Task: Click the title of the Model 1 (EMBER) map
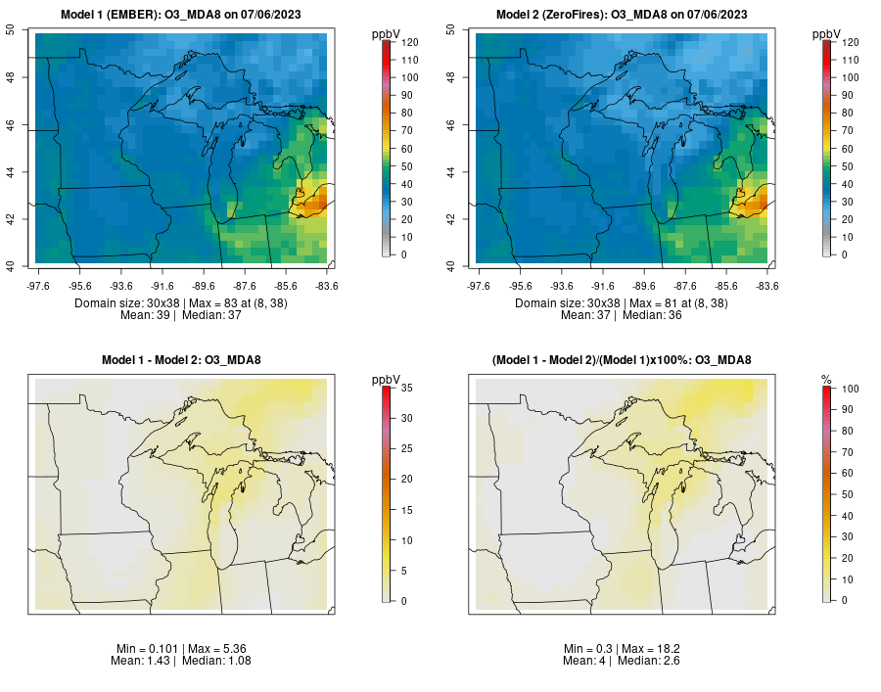181,15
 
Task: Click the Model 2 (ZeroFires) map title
622,15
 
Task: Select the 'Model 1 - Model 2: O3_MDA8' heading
181,360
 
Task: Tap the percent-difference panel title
622,360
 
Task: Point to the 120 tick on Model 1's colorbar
409,42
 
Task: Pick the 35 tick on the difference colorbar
407,388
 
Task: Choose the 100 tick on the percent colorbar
850,389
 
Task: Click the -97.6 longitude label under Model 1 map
37,286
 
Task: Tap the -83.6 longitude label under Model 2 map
766,286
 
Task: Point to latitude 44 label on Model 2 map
450,171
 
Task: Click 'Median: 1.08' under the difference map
216,661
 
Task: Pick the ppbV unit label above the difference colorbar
386,380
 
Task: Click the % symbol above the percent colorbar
826,381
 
